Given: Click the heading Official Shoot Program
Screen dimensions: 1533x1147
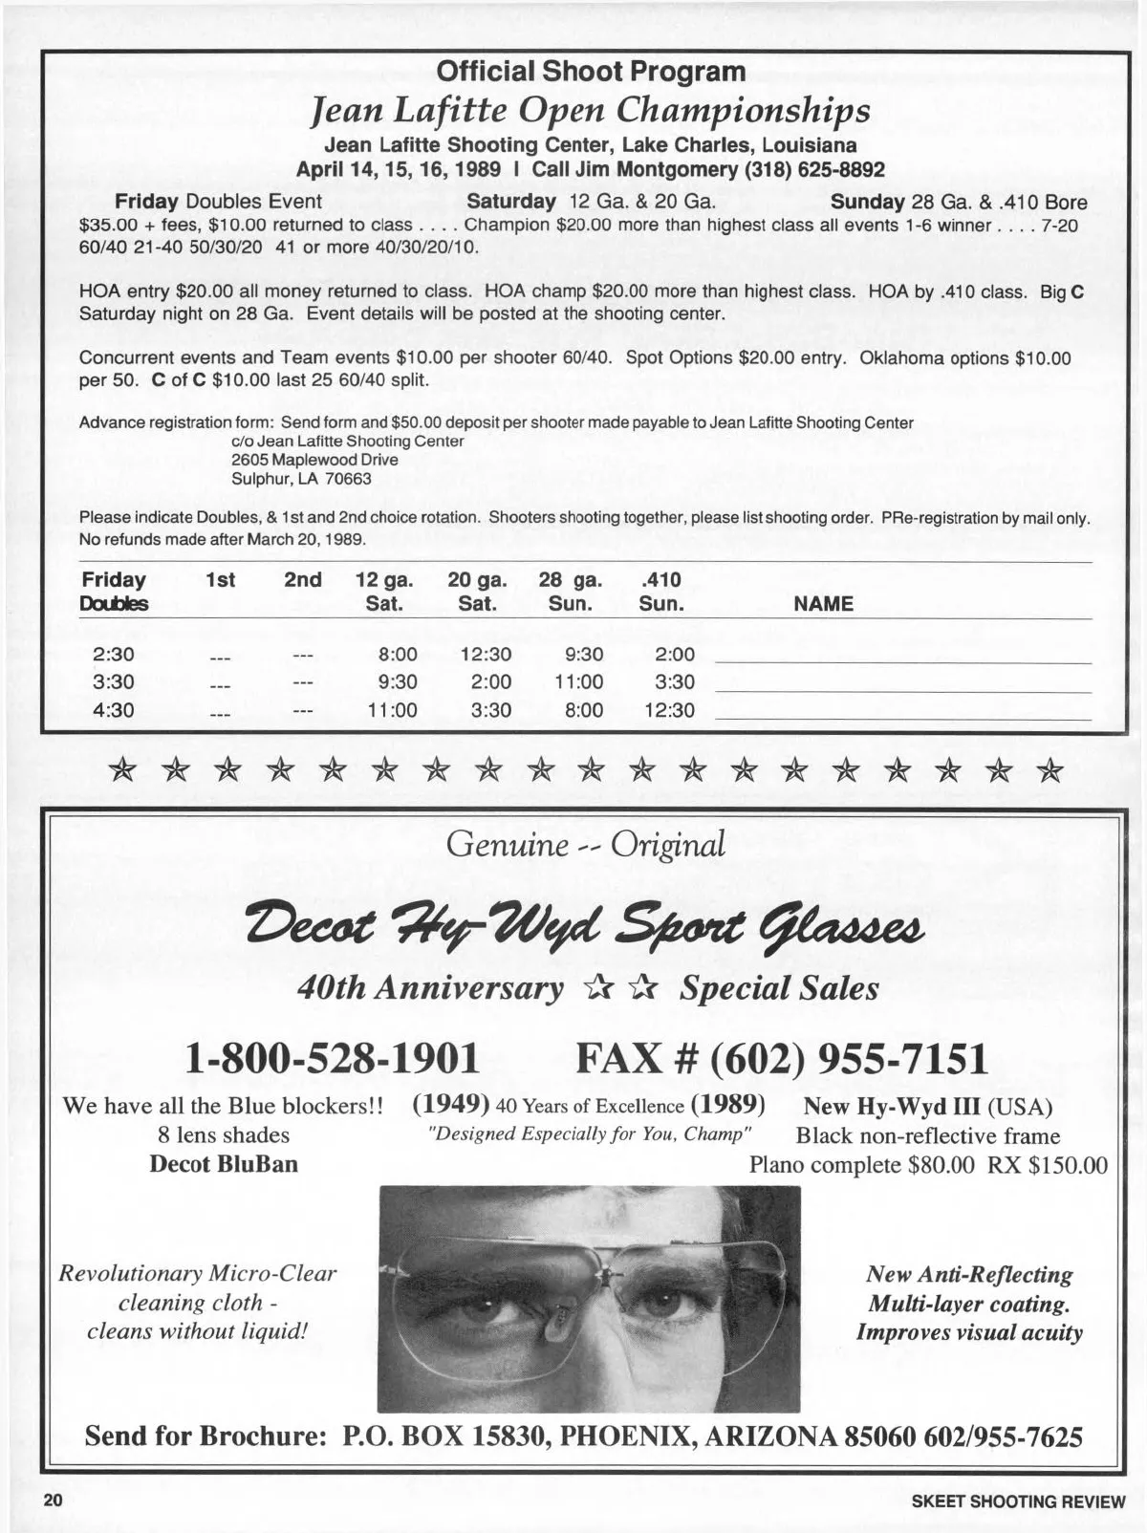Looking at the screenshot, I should point(590,72).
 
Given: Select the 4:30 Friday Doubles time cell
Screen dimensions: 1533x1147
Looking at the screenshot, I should point(113,710).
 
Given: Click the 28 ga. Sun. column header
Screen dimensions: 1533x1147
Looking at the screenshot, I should point(570,592).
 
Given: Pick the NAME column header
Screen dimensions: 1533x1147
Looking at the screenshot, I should point(823,604).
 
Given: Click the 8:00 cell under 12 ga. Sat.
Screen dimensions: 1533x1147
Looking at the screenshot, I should point(398,655).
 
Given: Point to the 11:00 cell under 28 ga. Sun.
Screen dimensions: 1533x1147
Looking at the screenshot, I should point(578,682).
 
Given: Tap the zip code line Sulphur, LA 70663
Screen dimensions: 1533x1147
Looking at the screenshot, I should point(301,479).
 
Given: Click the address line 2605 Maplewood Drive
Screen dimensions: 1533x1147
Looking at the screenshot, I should point(314,460).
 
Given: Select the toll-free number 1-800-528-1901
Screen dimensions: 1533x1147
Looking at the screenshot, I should point(333,1058).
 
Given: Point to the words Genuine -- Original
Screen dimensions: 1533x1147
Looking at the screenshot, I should point(586,844).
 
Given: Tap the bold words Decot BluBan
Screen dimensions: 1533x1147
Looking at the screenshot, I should point(224,1164).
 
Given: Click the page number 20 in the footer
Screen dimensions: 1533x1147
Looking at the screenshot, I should point(51,1501).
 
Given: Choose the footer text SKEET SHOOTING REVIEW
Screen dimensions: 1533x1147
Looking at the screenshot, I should point(1018,1501).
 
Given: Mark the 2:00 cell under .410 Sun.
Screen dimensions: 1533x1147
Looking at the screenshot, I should point(675,655).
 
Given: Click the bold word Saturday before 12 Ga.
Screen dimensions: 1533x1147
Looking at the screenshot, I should point(510,202).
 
